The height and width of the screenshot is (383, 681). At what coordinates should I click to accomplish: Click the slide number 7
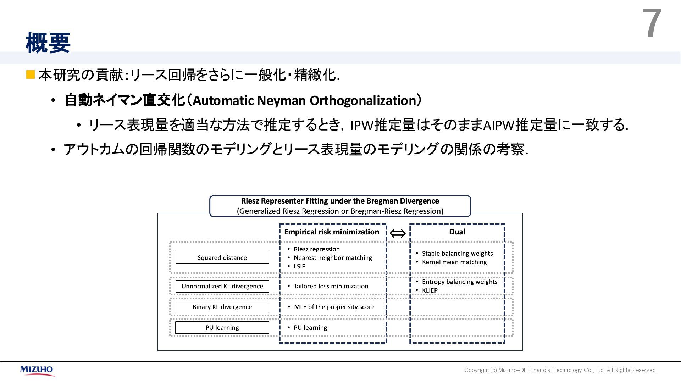652,24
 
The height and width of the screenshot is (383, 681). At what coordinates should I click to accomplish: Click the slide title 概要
48,43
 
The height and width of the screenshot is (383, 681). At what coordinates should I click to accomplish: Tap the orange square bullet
31,74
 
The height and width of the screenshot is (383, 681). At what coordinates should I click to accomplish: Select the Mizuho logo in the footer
37,370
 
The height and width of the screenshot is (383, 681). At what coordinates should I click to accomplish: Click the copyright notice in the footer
560,370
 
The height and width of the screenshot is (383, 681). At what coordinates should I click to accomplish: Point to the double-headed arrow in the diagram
398,233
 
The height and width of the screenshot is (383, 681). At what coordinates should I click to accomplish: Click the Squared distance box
222,258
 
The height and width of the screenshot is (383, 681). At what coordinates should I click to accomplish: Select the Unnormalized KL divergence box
222,286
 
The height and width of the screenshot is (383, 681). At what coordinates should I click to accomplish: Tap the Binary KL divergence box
222,307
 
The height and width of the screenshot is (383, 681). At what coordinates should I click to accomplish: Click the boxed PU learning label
222,328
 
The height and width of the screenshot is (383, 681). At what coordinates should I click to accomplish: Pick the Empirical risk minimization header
332,232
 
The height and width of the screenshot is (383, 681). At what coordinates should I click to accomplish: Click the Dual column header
457,232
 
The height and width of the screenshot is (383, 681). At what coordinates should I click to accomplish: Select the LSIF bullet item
299,266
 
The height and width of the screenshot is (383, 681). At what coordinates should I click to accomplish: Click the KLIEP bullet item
430,290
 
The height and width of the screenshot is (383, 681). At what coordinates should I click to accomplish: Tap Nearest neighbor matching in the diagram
333,258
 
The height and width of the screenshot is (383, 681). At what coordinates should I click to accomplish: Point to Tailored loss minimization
331,286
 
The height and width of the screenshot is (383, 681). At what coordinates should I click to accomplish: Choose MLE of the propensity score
334,307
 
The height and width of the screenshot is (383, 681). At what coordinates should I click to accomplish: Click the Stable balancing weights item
457,254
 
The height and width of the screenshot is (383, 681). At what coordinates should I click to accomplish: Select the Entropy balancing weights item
460,282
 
